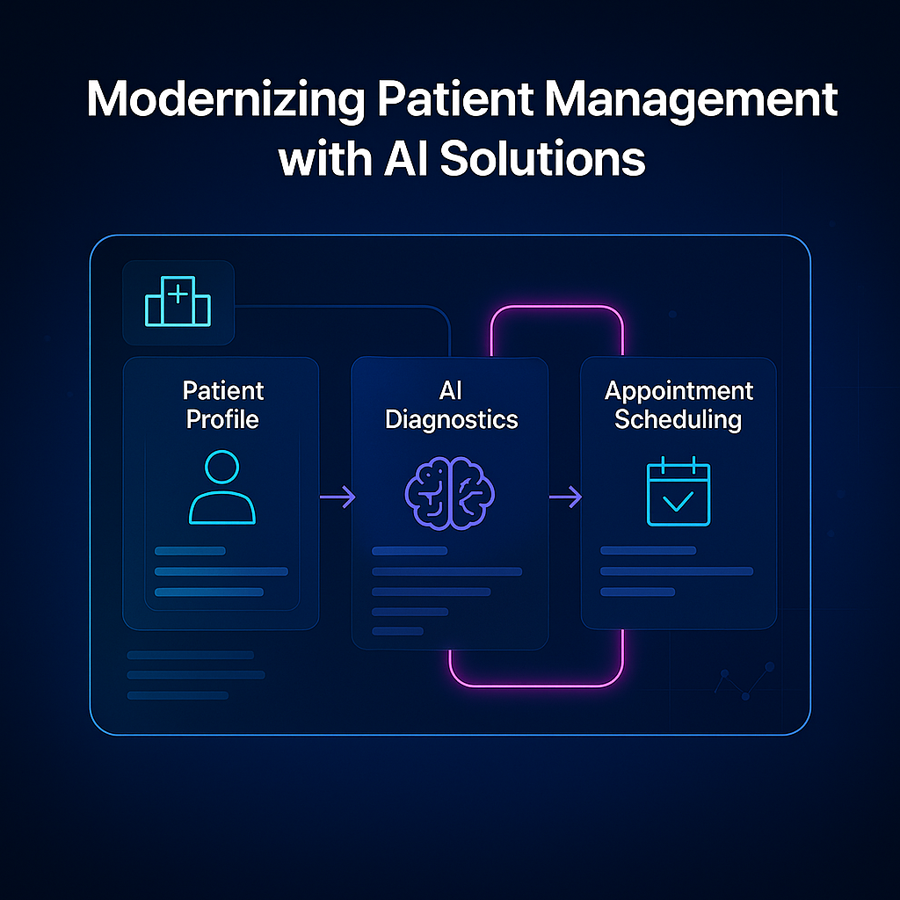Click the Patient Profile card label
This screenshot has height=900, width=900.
click(x=223, y=404)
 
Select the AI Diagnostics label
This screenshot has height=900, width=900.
click(x=451, y=404)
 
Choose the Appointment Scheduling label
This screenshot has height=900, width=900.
click(x=679, y=404)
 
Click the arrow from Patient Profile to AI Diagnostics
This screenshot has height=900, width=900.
click(x=337, y=497)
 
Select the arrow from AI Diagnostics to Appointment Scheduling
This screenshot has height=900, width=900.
click(x=565, y=498)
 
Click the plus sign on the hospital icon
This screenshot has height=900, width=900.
click(x=178, y=293)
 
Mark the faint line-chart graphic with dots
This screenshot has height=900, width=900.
click(x=745, y=681)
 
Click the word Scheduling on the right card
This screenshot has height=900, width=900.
click(x=679, y=419)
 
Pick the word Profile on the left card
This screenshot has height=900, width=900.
click(x=223, y=419)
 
